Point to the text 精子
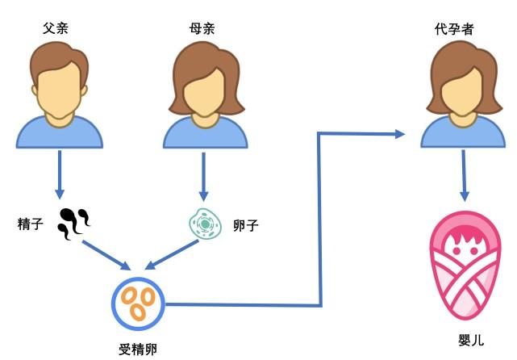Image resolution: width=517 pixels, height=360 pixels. click(31, 224)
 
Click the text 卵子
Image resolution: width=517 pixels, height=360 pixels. click(244, 224)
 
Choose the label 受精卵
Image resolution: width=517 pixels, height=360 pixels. click(136, 348)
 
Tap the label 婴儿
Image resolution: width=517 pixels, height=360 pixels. click(465, 339)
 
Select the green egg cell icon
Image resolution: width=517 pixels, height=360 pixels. click(204, 224)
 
